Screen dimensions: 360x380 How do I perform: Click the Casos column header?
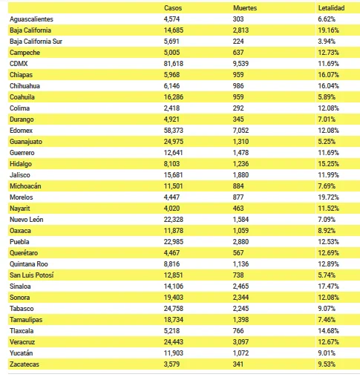click(173, 8)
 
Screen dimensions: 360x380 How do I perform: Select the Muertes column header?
click(245, 8)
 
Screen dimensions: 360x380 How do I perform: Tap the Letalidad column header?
click(331, 8)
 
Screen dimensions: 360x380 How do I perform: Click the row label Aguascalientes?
click(31, 19)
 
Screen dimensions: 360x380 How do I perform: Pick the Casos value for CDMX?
click(174, 64)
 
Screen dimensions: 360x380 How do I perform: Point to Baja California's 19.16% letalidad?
click(328, 30)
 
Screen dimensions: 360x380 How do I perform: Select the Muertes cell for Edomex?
click(240, 131)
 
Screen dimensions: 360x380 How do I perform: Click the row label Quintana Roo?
click(29, 264)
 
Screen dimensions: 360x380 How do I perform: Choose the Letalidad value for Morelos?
click(328, 197)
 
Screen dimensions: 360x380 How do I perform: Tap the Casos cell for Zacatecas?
click(171, 364)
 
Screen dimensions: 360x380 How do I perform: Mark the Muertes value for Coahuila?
click(238, 97)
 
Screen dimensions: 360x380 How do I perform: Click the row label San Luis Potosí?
click(32, 275)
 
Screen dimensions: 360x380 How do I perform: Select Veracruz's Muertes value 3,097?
click(240, 342)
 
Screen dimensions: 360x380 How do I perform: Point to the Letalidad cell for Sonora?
click(328, 298)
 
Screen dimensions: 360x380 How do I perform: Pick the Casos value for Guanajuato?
click(174, 142)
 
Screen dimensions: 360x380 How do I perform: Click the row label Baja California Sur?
click(36, 42)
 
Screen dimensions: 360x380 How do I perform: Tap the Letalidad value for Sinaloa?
click(328, 286)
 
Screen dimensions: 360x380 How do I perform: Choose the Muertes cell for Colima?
click(238, 108)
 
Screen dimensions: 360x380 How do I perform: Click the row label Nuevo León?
click(27, 220)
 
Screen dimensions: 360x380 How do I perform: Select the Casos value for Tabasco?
click(174, 309)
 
